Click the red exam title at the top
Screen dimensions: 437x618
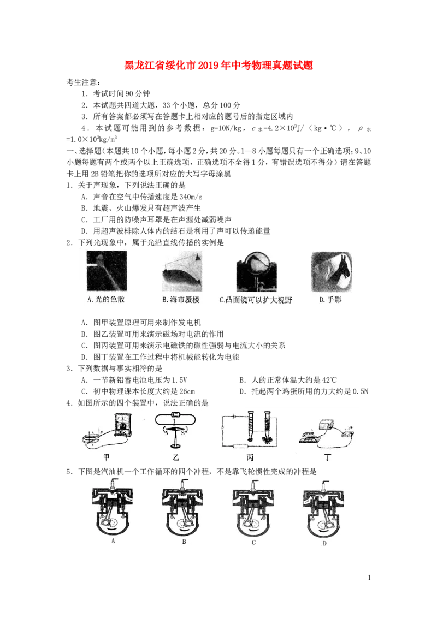[x=218, y=65]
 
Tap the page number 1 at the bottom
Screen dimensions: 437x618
[x=369, y=578]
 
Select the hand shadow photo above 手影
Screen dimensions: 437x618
[x=331, y=271]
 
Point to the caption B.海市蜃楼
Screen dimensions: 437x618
[x=181, y=300]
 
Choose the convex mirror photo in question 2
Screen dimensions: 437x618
[x=256, y=271]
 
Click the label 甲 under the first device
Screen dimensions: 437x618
[x=106, y=457]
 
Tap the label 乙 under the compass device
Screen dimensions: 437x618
[x=176, y=457]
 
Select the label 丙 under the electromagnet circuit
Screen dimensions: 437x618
[x=250, y=457]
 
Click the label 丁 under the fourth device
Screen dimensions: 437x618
[x=328, y=457]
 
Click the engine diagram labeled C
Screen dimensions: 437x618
[x=253, y=508]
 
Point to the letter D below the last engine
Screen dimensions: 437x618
[x=324, y=544]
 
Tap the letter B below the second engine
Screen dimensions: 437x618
[x=184, y=542]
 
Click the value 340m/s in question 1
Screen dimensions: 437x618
[x=191, y=197]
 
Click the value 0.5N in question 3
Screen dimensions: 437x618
[x=360, y=391]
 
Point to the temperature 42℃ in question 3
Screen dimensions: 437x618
[x=329, y=380]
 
